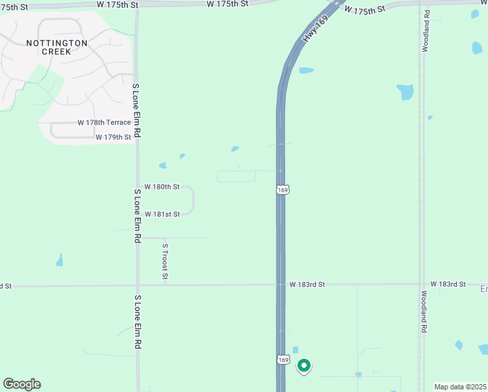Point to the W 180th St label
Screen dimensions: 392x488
[162, 188]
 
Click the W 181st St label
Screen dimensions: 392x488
[162, 214]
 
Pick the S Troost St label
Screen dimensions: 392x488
[165, 262]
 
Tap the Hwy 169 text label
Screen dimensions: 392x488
[315, 30]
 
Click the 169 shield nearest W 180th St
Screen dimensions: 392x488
[282, 189]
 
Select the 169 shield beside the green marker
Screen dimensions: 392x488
[282, 359]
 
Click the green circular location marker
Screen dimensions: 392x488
[303, 366]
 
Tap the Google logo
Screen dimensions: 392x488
[22, 384]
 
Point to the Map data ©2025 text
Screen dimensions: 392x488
[461, 387]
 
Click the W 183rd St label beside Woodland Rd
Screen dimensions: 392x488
[449, 284]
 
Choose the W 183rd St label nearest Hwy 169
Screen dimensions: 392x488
[307, 285]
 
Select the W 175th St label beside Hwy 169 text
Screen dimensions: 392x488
[365, 10]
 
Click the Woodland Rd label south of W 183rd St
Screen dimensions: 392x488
[423, 312]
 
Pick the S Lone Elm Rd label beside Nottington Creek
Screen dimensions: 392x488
[136, 110]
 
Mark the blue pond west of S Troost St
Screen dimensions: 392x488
[59, 261]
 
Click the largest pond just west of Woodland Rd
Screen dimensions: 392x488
[406, 91]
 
